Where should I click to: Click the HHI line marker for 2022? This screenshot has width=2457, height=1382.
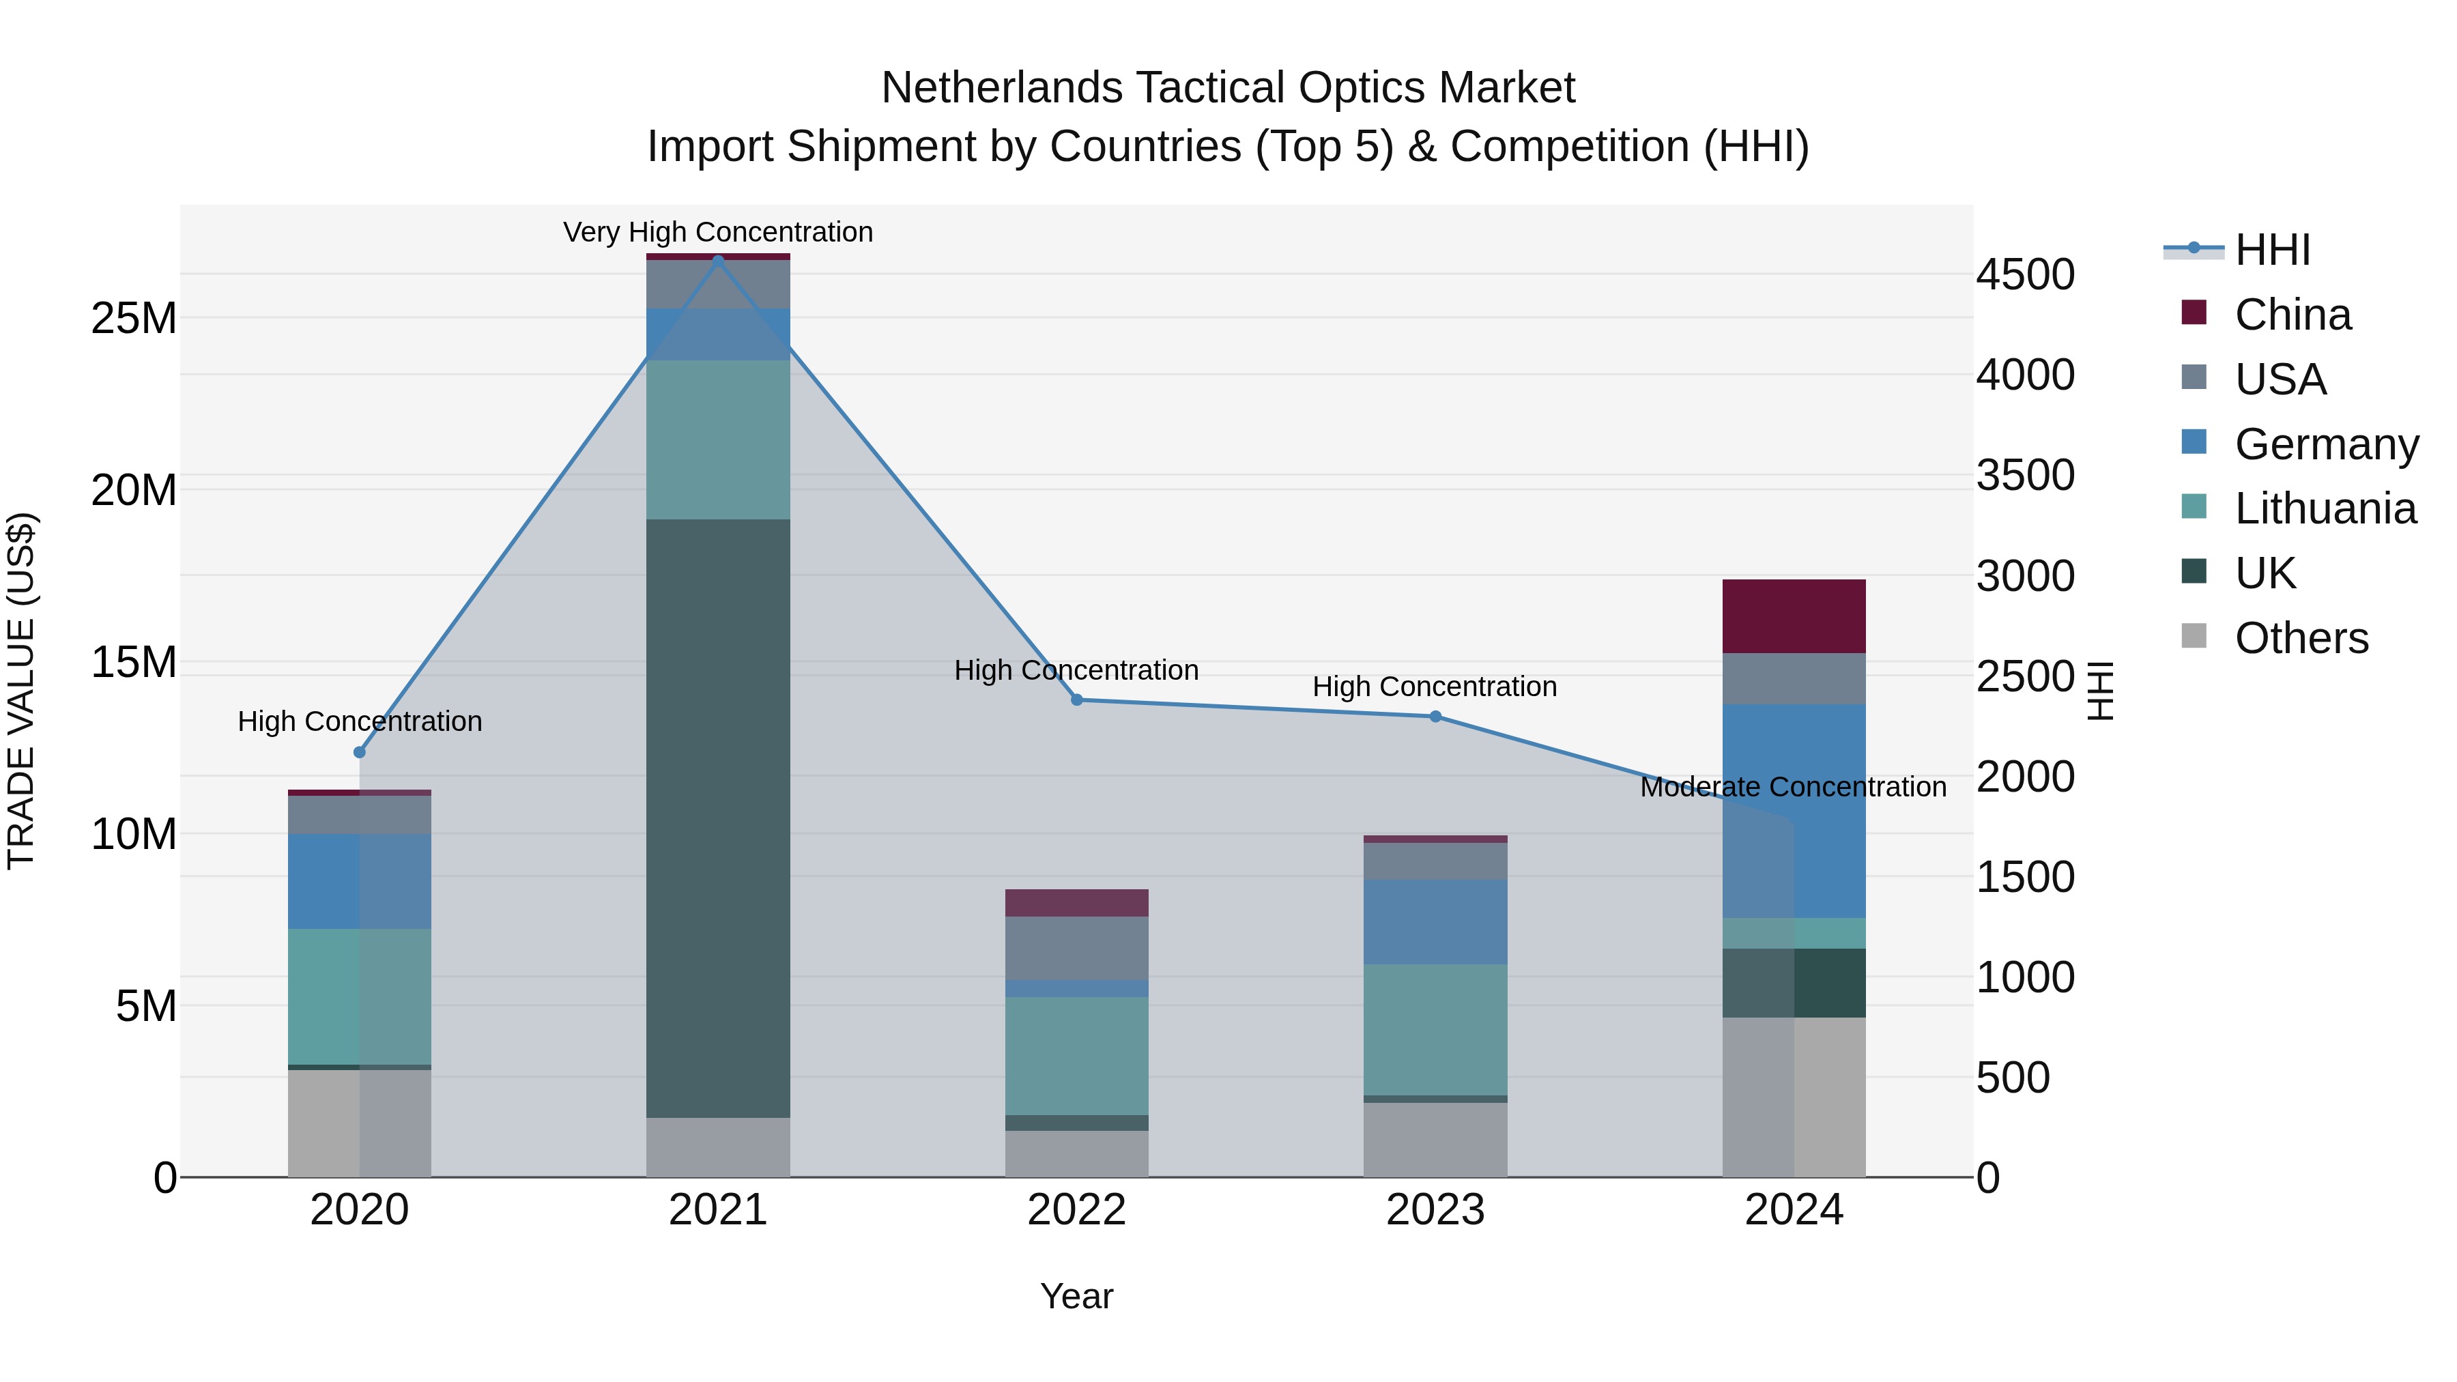(1077, 700)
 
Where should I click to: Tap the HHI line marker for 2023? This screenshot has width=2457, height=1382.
(1435, 717)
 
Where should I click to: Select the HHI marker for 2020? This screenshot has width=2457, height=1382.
(360, 753)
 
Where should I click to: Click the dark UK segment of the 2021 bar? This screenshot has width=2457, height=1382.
(718, 818)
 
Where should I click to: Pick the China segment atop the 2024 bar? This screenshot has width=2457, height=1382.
(1794, 616)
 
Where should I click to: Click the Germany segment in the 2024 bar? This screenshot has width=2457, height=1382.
(1794, 811)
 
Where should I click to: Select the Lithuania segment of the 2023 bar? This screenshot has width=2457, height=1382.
(1435, 1029)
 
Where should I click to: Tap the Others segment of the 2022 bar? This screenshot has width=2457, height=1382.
(1077, 1154)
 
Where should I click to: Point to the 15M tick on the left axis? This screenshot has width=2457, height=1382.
(134, 662)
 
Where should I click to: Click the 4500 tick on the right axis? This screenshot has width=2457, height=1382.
(2025, 274)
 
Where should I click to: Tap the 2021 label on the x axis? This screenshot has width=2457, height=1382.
(718, 1210)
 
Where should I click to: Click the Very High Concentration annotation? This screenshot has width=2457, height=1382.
(718, 232)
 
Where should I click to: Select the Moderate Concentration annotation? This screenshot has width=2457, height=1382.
(1793, 787)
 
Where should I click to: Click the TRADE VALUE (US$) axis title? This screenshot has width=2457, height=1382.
(21, 691)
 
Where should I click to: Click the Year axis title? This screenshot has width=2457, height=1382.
(1077, 1296)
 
